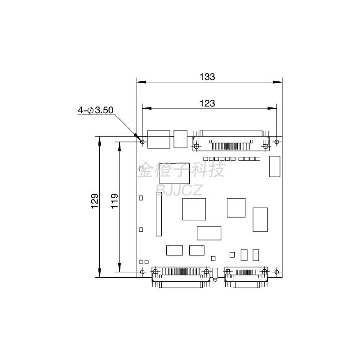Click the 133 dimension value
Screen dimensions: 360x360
pos(207,77)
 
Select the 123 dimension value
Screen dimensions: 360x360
pos(207,103)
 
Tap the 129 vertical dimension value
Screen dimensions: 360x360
pos(94,201)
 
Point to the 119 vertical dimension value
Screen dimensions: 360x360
pos(114,201)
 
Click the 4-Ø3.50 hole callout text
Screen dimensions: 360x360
pos(96,110)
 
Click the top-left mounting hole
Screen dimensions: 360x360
pos(142,142)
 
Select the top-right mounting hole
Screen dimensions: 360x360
pos(277,142)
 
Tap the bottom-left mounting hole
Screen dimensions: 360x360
pos(142,272)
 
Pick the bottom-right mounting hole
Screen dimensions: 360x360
pos(277,272)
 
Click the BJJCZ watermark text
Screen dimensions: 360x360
pos(179,190)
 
